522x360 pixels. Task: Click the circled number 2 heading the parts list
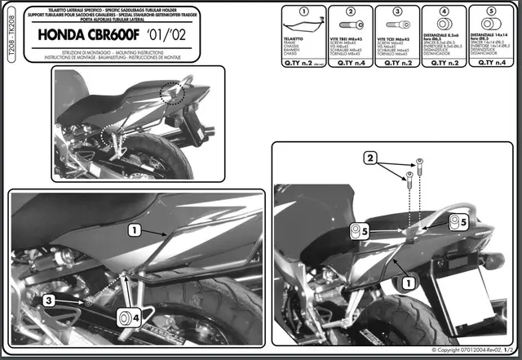click(348, 12)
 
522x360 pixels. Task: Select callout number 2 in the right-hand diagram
click(370, 157)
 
